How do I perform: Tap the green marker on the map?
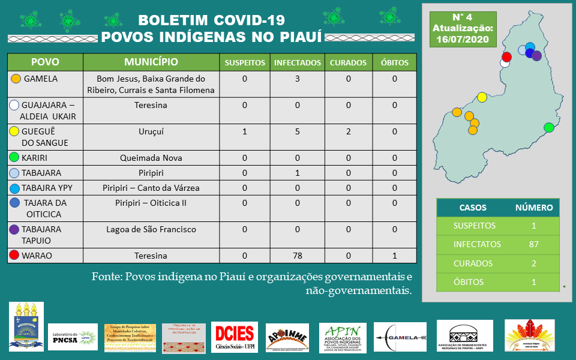tap(548, 127)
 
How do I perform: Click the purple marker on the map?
tap(536, 56)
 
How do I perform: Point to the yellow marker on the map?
tap(482, 97)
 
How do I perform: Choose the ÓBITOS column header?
tap(395, 62)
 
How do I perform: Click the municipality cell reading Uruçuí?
tap(151, 131)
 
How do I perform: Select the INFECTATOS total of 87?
tap(534, 244)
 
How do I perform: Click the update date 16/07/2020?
tap(463, 40)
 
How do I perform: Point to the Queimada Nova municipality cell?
tap(151, 158)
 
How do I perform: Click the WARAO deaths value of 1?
tap(395, 256)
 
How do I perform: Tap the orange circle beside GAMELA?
tap(16, 79)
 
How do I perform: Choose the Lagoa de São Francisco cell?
tap(151, 229)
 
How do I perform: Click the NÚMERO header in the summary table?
tap(534, 208)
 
